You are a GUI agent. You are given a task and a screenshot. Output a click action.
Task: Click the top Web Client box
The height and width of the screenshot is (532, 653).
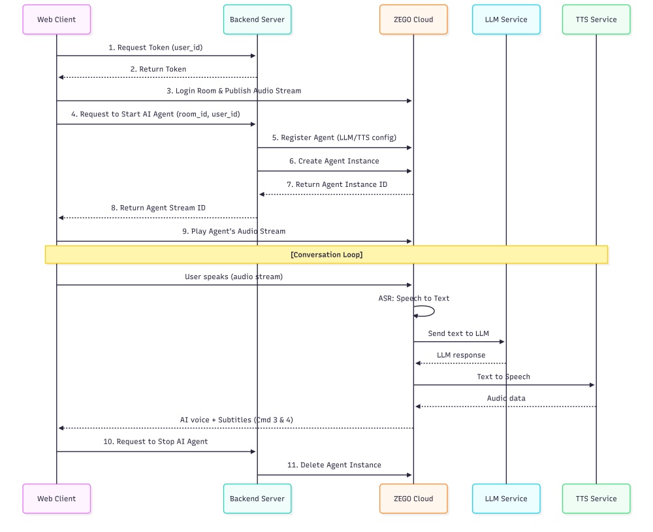56,20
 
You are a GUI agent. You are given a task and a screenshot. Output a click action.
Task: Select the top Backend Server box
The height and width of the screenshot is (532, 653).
257,20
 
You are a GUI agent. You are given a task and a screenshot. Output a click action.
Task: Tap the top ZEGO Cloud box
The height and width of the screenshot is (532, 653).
413,20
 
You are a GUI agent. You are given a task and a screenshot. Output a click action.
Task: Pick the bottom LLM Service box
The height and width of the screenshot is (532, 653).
506,499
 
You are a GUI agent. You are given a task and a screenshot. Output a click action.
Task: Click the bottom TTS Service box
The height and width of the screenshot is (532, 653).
596,499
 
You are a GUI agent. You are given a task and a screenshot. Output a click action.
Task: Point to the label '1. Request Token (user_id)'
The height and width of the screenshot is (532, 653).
156,48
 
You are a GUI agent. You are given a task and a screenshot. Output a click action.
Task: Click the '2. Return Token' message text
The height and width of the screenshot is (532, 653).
157,69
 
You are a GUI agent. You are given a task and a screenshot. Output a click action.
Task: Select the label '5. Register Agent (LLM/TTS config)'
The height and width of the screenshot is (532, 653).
334,138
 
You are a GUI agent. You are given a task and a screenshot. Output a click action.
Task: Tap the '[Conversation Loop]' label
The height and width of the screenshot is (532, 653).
326,255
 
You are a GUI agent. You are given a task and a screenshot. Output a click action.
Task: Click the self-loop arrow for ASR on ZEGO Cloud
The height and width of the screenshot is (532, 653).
428,311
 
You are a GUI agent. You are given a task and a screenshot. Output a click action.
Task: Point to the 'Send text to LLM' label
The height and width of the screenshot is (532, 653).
458,333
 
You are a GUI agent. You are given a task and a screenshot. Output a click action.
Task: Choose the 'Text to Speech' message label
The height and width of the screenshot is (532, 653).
503,377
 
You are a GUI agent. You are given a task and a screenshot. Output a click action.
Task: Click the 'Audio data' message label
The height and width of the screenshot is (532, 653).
506,399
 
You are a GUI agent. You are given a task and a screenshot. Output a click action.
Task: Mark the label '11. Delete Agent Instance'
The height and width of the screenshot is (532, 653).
334,465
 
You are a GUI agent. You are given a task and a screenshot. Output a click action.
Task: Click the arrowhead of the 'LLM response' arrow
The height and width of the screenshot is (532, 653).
418,363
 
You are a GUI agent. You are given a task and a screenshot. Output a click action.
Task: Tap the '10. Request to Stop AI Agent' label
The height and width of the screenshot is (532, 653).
155,442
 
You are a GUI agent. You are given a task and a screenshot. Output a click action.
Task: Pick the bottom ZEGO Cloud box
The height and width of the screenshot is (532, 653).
413,499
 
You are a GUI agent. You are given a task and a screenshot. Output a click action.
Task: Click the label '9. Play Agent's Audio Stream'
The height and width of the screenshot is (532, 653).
234,231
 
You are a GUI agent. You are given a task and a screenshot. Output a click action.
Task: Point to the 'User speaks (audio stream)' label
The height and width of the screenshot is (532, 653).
234,277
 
